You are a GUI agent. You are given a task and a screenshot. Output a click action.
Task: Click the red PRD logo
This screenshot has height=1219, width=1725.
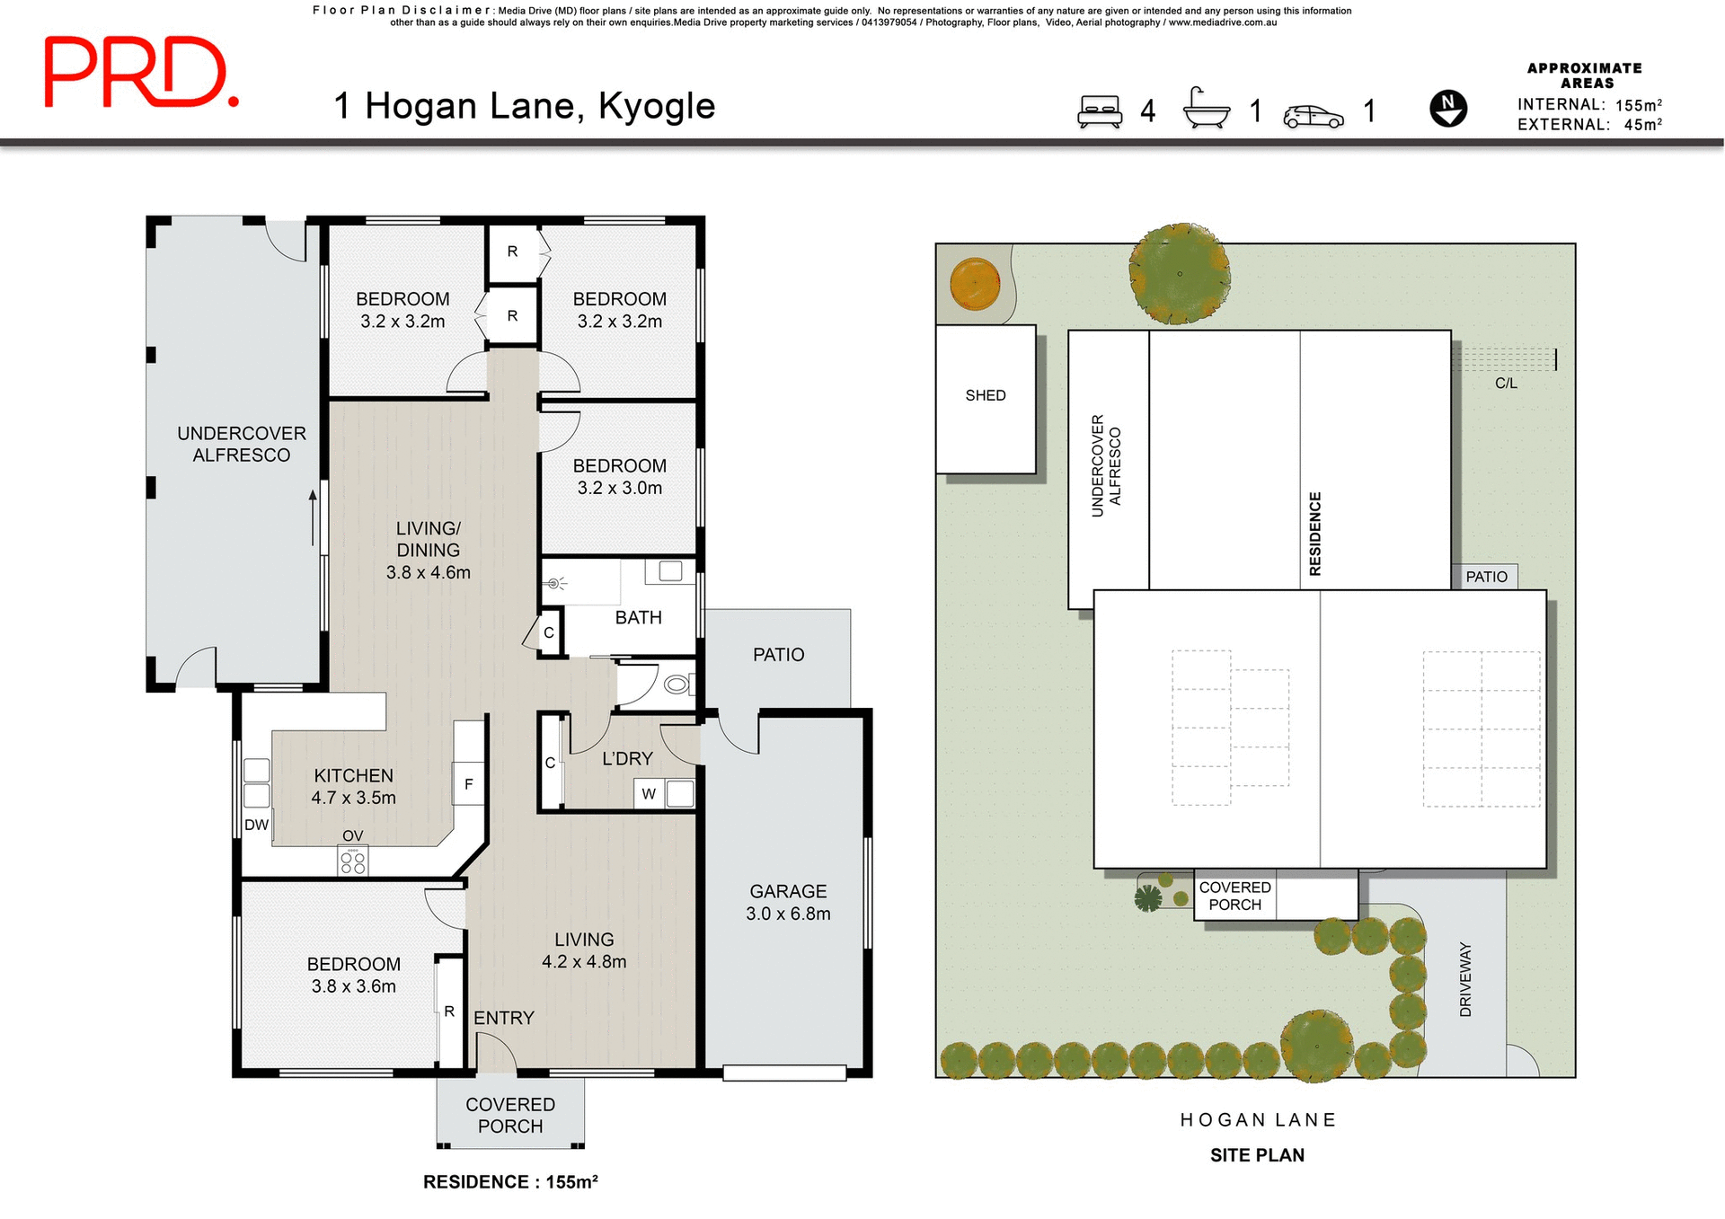[141, 73]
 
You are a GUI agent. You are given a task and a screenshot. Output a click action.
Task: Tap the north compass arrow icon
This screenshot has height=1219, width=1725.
[1447, 109]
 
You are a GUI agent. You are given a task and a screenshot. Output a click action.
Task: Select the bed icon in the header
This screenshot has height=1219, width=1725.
[1100, 111]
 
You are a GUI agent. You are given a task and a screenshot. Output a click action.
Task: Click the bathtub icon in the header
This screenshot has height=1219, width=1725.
[1206, 110]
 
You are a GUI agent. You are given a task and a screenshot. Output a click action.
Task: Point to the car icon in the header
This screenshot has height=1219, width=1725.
[1313, 116]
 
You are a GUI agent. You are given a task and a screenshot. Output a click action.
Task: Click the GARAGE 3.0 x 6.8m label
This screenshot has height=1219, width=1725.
[788, 902]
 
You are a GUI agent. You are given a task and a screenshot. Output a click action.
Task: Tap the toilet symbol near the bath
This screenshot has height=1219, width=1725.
[677, 685]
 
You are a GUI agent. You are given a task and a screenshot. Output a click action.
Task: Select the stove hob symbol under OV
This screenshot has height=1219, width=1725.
[353, 862]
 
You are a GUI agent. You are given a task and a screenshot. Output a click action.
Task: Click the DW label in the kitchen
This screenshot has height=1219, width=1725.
[256, 825]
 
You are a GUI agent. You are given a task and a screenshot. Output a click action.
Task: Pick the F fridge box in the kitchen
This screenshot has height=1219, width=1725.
[468, 784]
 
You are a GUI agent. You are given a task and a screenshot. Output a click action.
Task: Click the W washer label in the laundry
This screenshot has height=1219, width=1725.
[649, 793]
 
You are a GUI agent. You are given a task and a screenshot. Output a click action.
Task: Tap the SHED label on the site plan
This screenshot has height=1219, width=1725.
[985, 395]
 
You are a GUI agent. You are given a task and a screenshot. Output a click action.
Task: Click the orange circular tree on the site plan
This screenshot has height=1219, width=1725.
[975, 283]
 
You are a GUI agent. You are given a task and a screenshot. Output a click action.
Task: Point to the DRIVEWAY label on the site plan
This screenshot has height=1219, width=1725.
[1465, 979]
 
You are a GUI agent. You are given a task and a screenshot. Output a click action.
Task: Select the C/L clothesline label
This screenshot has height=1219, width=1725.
[1506, 384]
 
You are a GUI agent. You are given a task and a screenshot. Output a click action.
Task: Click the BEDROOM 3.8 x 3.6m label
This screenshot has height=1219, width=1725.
[353, 975]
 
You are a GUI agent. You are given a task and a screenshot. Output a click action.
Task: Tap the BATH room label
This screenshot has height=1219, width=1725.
[638, 618]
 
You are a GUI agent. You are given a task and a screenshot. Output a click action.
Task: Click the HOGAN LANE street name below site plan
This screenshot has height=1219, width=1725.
[1258, 1119]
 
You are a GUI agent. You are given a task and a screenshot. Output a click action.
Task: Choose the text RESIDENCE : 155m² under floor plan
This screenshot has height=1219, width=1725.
[510, 1182]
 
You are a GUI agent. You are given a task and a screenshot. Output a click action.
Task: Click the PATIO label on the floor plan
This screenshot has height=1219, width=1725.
[778, 655]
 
